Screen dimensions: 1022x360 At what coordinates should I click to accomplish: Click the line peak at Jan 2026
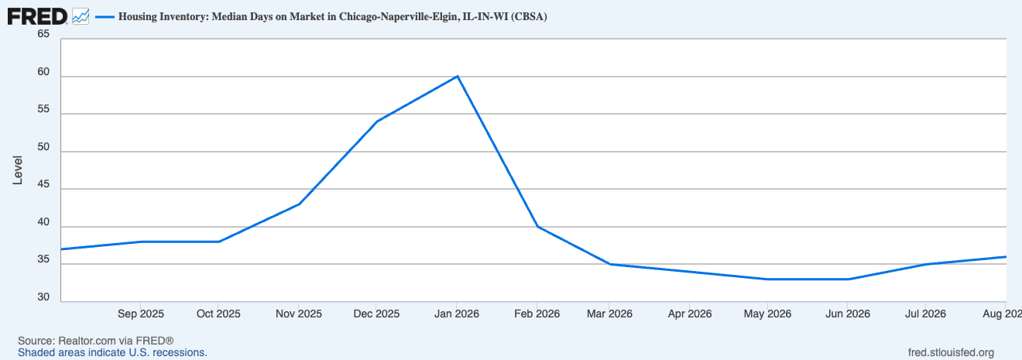[x=457, y=76]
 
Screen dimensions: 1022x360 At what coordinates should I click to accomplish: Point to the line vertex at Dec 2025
[x=377, y=122]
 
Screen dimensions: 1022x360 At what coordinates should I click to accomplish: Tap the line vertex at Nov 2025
[x=300, y=204]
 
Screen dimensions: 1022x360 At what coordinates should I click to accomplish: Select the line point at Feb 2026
[x=538, y=226]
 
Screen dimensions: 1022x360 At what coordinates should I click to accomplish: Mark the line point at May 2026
[x=768, y=279]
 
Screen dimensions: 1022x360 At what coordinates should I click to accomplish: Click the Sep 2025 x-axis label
[x=141, y=314]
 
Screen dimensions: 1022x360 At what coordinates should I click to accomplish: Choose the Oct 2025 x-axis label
[x=218, y=314]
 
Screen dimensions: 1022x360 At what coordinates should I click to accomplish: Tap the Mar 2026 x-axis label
[x=609, y=314]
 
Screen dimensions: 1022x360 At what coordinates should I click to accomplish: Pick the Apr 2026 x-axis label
[x=690, y=314]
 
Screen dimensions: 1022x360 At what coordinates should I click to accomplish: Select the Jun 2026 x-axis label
[x=848, y=314]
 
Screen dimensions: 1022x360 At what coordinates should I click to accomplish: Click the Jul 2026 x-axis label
[x=925, y=314]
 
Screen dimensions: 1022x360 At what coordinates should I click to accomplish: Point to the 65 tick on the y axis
[x=43, y=34]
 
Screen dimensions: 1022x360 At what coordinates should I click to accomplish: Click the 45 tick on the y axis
[x=43, y=184]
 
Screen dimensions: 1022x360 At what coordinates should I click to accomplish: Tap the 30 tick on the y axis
[x=43, y=297]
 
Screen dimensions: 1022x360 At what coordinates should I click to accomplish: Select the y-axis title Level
[x=17, y=170]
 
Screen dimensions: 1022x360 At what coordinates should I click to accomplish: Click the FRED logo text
[x=37, y=17]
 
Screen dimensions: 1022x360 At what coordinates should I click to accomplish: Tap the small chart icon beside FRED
[x=81, y=17]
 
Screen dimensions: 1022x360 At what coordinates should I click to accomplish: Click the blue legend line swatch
[x=105, y=17]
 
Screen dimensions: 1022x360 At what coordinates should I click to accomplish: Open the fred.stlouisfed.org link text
[x=951, y=353]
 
